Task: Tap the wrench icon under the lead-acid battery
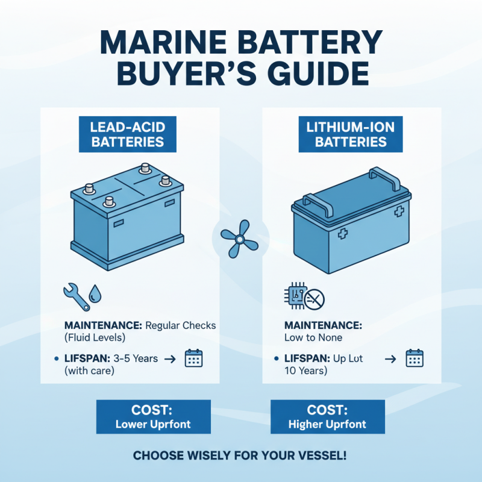[x=73, y=295]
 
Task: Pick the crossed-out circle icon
[x=315, y=298]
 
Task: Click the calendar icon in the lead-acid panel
[x=194, y=358]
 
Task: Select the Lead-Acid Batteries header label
[x=127, y=134]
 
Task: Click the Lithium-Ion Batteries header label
[x=351, y=134]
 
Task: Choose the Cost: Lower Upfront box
[x=153, y=417]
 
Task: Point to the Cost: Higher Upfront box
[x=327, y=417]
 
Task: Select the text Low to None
[x=313, y=338]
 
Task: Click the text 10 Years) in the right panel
[x=305, y=371]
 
